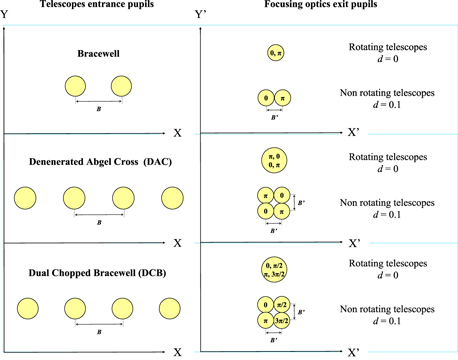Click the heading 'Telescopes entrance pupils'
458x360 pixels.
click(99, 7)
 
